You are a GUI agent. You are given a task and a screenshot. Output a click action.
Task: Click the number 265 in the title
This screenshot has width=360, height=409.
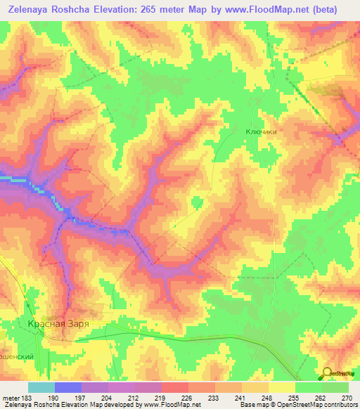[x=158, y=10]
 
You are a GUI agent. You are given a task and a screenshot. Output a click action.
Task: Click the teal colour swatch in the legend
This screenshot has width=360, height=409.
[x=41, y=387]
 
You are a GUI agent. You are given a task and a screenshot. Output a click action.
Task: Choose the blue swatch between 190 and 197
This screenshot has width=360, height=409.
[x=68, y=387]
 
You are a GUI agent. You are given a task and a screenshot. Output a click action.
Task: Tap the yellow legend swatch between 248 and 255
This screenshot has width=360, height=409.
[x=282, y=387]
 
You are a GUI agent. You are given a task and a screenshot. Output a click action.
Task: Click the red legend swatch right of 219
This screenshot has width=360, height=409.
[x=175, y=387]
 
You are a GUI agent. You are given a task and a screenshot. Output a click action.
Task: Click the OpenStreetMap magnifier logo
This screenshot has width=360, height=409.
[x=327, y=373]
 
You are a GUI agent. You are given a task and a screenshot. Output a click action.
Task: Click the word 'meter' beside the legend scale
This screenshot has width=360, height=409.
[x=11, y=397]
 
